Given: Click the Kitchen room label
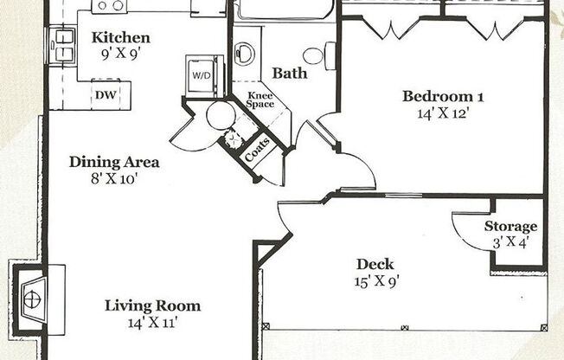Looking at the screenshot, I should pos(121,38).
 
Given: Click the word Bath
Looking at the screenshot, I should pos(290,74).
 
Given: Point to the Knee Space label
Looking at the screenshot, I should pos(260,100).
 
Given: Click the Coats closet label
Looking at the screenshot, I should pos(258,151).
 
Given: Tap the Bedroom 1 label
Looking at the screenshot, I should pos(442,96).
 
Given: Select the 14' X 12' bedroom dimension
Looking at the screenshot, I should pos(442,112).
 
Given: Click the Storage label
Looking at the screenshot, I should pos(510,227).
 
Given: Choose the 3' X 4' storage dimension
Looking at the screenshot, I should pos(510,242).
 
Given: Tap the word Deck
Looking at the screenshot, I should pos(375,264).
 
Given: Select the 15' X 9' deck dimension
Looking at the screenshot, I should pos(375,280).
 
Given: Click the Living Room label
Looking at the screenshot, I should pos(152,305).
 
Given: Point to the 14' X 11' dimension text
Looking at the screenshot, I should pos(152,323).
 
